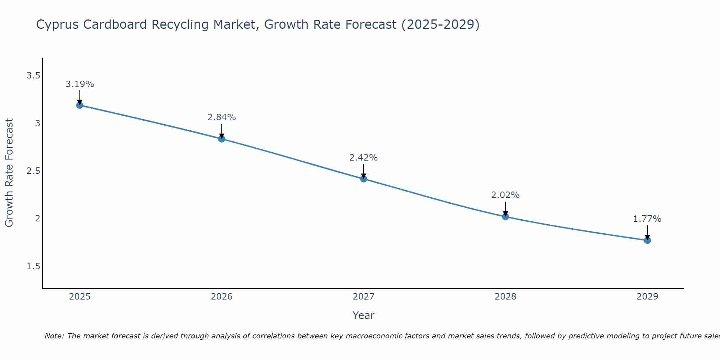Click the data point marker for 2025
click(80, 105)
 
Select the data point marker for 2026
click(222, 139)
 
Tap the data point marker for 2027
click(364, 179)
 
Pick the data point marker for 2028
click(505, 216)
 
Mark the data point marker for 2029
click(647, 240)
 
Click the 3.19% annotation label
click(80, 84)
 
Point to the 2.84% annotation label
click(222, 117)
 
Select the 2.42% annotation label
click(364, 158)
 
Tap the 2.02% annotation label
click(505, 195)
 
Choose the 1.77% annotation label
click(647, 219)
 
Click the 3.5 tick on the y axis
click(33, 76)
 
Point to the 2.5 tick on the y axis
click(33, 171)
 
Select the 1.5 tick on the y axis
click(33, 266)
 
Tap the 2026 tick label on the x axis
click(222, 297)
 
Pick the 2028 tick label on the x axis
click(505, 297)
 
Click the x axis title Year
click(364, 315)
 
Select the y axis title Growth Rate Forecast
click(9, 173)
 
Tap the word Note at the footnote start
click(54, 336)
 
